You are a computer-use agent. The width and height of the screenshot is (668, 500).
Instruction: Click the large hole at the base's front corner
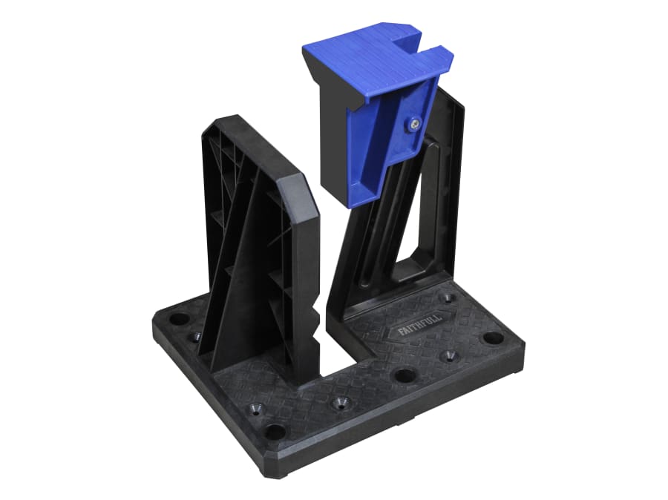coord(274,430)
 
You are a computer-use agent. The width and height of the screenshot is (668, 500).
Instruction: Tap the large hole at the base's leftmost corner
coord(180,320)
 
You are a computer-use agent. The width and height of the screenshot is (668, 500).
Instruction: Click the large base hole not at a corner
coord(404,375)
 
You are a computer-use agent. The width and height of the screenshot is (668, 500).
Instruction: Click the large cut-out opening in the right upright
coord(419,223)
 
